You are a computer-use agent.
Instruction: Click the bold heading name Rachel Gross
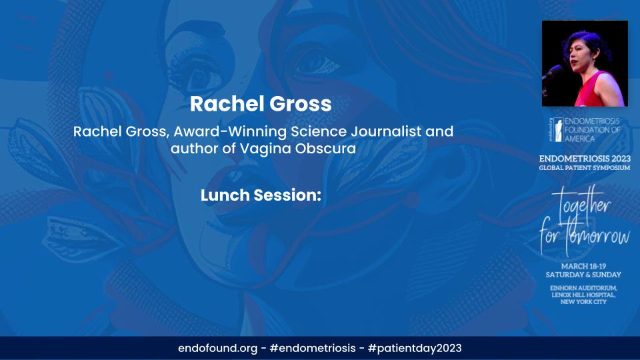[x=261, y=104]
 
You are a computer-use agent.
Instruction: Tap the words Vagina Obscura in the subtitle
[x=297, y=148]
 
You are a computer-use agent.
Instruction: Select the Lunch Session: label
[x=261, y=195]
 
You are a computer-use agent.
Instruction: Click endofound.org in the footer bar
[x=217, y=348]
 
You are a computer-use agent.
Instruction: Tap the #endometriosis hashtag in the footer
[x=313, y=348]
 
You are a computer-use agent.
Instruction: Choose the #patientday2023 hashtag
[x=415, y=348]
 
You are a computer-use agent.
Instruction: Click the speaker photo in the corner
[x=585, y=63]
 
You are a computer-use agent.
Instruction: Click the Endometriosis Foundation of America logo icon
[x=558, y=130]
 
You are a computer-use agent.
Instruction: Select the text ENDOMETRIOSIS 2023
[x=585, y=159]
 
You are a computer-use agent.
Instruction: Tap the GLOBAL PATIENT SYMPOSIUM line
[x=585, y=168]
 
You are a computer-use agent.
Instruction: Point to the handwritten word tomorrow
[x=597, y=237]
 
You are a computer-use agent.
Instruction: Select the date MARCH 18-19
[x=584, y=266]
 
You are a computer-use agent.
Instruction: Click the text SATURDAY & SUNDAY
[x=584, y=275]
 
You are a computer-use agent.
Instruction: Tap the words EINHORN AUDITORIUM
[x=584, y=288]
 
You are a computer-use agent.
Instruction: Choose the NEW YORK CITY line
[x=584, y=301]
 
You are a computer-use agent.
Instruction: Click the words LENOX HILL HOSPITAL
[x=584, y=295]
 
